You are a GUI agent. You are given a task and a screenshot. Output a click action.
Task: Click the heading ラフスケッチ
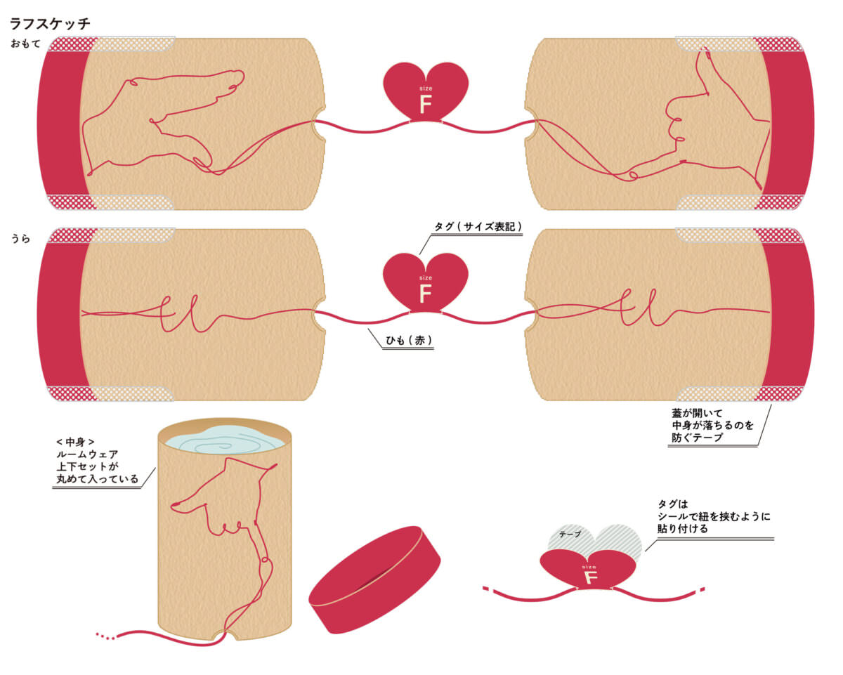(50, 23)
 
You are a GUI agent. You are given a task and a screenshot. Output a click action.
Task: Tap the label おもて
(25, 44)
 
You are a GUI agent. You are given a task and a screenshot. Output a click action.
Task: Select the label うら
(20, 238)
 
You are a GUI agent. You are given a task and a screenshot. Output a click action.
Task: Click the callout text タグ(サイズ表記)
(478, 226)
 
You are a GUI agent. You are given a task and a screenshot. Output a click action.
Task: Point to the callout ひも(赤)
(409, 340)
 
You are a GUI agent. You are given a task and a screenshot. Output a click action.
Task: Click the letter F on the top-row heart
(426, 104)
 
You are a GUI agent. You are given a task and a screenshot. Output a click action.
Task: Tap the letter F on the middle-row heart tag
(426, 293)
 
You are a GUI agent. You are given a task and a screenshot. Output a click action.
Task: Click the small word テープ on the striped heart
(570, 534)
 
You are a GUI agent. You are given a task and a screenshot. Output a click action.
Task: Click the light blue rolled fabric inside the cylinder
(225, 440)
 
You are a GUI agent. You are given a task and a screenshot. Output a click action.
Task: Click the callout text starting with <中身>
(97, 460)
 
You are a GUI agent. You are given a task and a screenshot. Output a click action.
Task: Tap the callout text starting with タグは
(714, 516)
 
